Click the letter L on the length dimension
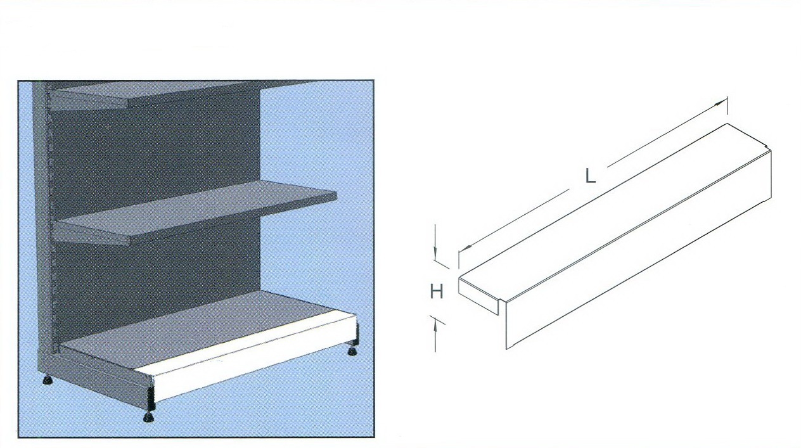click(x=591, y=176)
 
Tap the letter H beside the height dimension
click(x=436, y=291)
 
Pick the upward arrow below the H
click(x=435, y=336)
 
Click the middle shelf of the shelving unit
click(x=196, y=211)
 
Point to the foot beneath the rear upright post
click(x=48, y=380)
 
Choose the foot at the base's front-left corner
click(x=148, y=417)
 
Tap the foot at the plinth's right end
click(x=353, y=350)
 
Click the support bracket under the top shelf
click(x=89, y=99)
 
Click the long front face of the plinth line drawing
click(x=639, y=250)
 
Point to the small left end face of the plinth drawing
click(x=478, y=297)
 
